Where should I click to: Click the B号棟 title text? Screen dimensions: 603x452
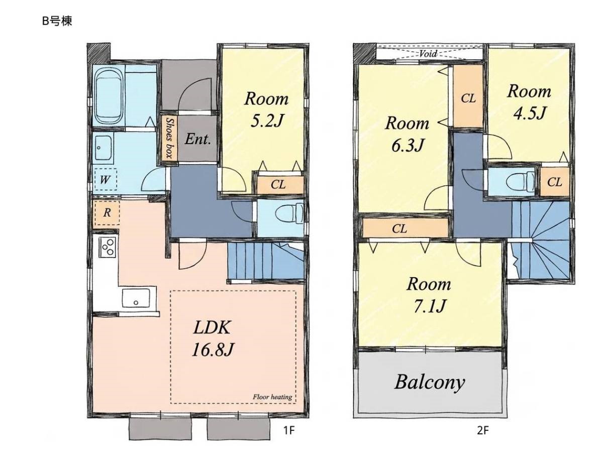tap(57, 21)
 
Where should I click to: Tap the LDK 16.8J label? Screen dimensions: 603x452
tap(213, 339)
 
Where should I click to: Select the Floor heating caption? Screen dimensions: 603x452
tap(272, 397)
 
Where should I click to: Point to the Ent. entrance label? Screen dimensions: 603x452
tap(198, 139)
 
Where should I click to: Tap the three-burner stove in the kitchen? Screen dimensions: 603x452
tap(108, 247)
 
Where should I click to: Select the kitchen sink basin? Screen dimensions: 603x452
tap(136, 298)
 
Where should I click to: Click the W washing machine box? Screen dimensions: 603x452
tap(106, 179)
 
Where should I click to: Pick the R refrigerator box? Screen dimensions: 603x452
tap(107, 213)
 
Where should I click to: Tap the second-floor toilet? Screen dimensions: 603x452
tap(521, 181)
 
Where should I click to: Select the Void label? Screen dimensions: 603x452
tap(428, 53)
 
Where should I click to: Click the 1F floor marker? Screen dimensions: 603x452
tap(289, 430)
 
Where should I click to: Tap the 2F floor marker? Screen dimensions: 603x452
tap(483, 430)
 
